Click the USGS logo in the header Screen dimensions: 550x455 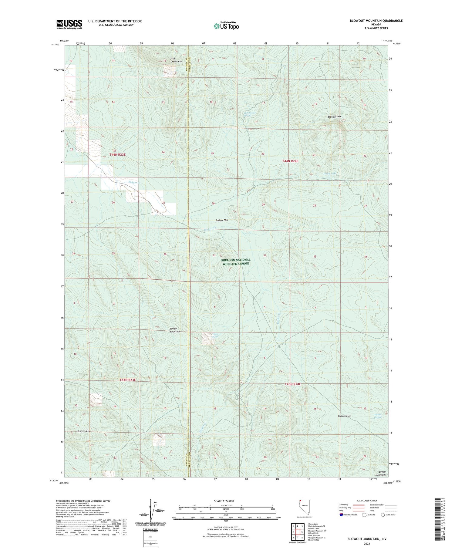tap(69, 24)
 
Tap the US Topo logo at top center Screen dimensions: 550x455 tap(226, 26)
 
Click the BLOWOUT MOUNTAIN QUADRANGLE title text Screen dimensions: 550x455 tap(376, 21)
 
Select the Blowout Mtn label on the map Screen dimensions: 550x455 tap(335, 116)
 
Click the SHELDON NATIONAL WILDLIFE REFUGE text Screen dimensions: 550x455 tap(236, 262)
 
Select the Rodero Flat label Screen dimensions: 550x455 tap(344, 416)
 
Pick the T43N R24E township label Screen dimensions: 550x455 tap(293, 384)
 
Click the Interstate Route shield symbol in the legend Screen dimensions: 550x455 tap(342, 515)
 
